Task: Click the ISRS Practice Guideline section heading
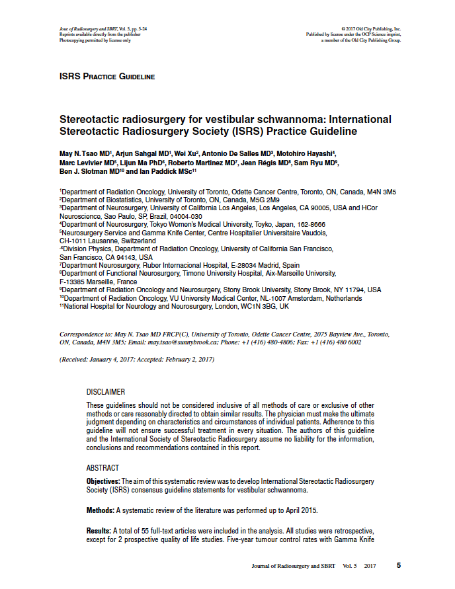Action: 107,77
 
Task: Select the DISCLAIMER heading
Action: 106,392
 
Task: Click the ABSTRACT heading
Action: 103,468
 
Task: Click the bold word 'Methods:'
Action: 101,510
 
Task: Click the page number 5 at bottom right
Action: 399,566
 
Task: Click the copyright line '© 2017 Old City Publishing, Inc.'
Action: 371,30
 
